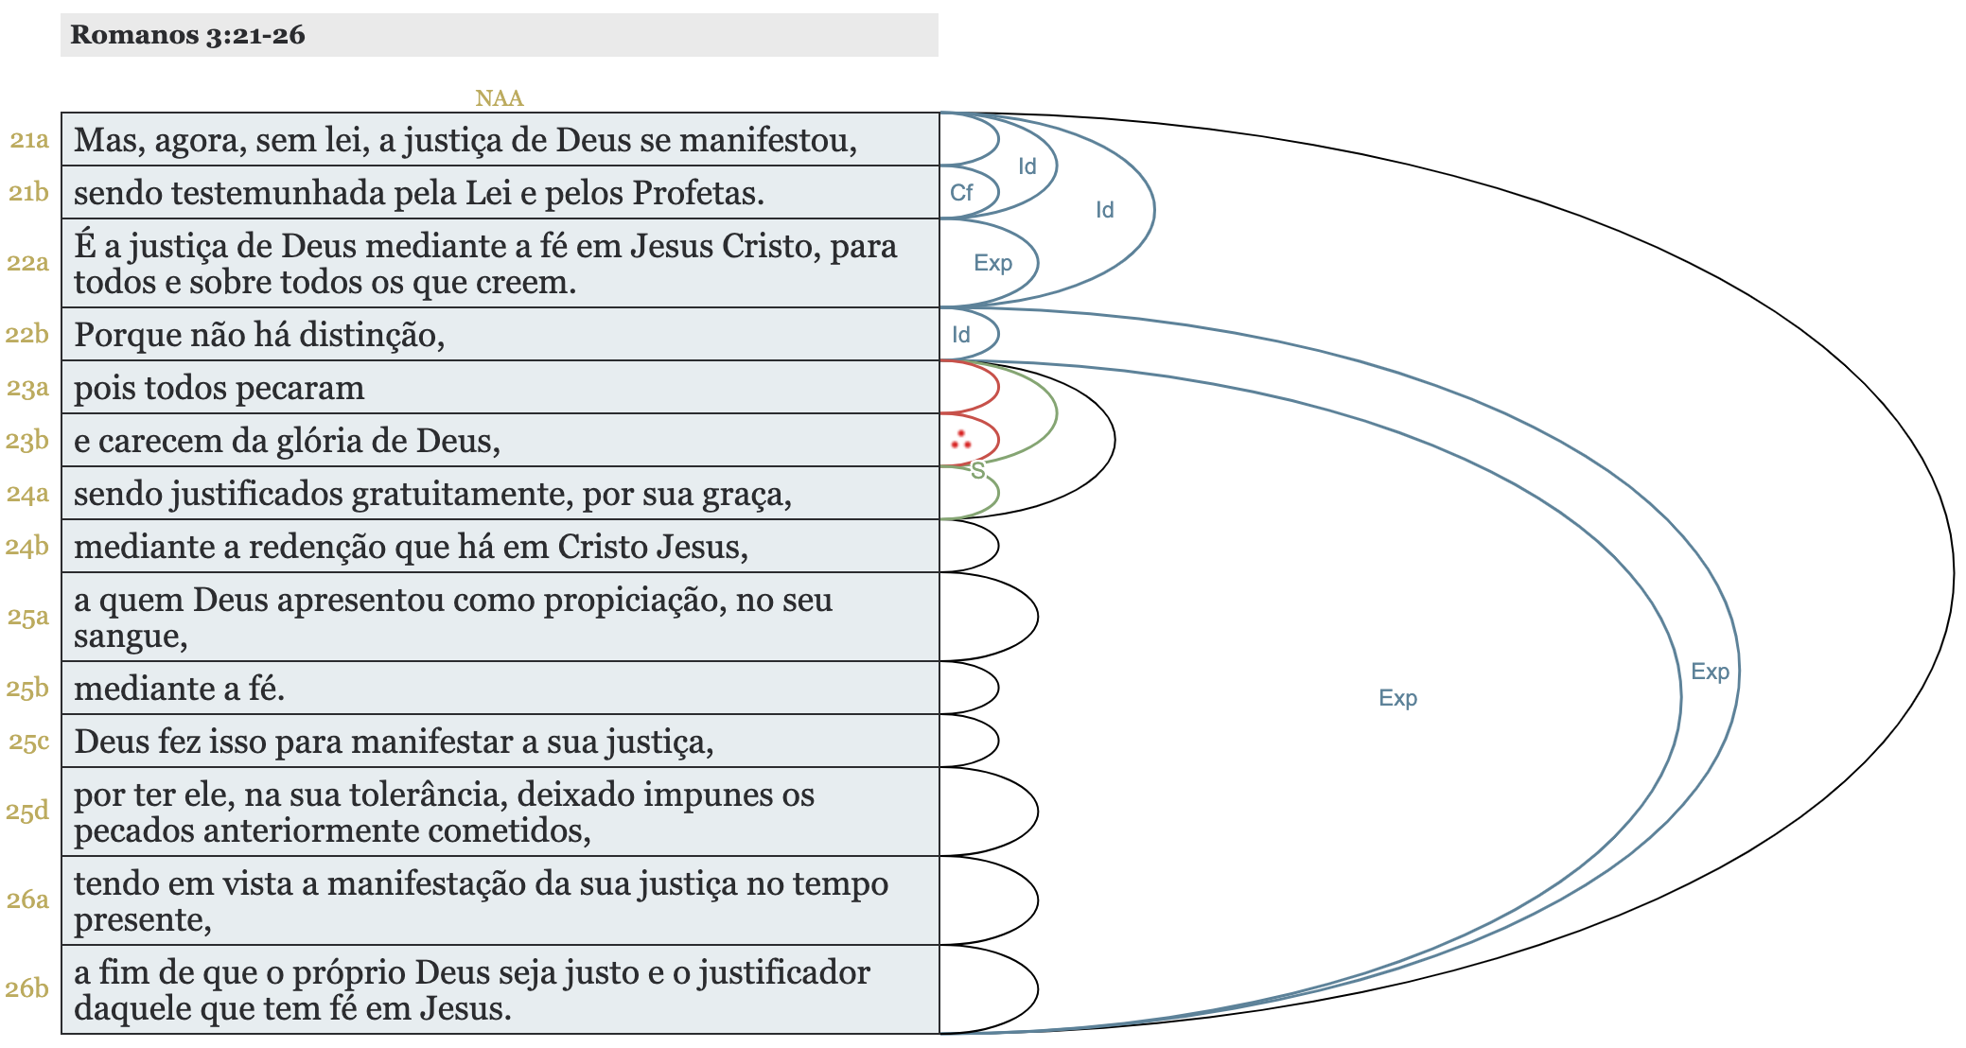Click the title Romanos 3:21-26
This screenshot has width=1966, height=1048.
187,35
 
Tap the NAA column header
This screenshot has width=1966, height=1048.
499,98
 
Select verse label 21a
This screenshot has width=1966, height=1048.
29,140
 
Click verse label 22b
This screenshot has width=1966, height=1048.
27,335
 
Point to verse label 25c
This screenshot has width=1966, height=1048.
29,742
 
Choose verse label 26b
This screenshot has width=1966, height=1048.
27,988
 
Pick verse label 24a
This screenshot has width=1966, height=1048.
27,494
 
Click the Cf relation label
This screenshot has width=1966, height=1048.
961,193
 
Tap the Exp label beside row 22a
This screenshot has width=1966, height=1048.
992,263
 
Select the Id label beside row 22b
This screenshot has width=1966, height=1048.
961,335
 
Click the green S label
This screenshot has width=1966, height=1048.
977,471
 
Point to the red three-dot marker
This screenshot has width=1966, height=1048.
961,440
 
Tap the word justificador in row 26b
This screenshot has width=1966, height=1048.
784,973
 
